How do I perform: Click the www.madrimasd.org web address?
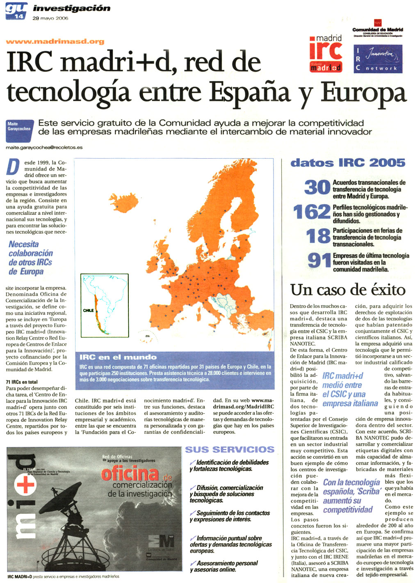55,41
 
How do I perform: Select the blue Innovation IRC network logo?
378,59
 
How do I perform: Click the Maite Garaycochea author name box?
19,126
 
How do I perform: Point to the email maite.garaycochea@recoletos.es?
44,147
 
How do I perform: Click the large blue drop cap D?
13,167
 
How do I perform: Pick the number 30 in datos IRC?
317,188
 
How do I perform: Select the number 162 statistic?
311,212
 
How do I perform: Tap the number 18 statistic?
318,237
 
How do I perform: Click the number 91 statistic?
319,261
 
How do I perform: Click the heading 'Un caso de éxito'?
348,290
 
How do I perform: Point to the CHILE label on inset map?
88,310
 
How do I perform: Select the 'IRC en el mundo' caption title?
118,357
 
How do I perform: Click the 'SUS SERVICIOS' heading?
230,449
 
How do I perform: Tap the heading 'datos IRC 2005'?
348,163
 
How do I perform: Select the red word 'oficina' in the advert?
130,474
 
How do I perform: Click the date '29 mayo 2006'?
50,18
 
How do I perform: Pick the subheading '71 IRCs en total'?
22,382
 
